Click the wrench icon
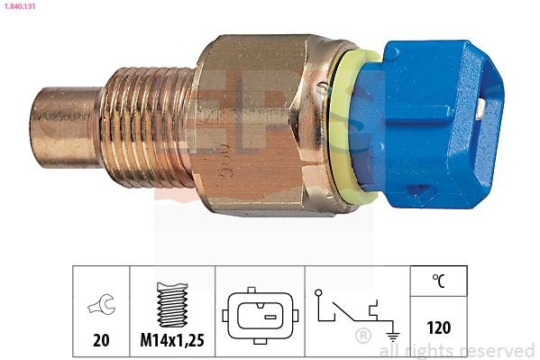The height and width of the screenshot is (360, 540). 100,307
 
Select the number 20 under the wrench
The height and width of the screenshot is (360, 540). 100,340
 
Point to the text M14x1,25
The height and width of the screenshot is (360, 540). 173,340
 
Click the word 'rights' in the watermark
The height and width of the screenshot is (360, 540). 429,351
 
